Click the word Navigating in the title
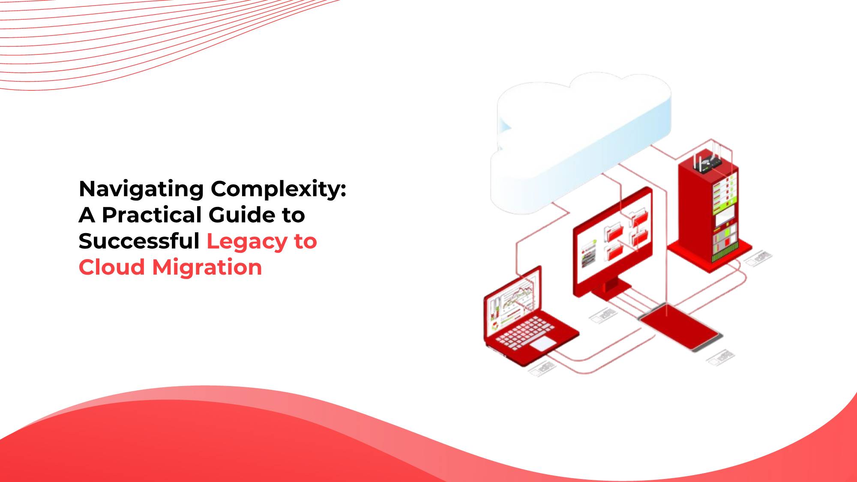(141, 189)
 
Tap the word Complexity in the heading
(278, 189)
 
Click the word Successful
(139, 241)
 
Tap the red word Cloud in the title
(112, 267)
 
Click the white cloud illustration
(581, 141)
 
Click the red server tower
(709, 210)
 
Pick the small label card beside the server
(758, 258)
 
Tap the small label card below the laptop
(541, 368)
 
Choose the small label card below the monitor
(603, 316)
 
